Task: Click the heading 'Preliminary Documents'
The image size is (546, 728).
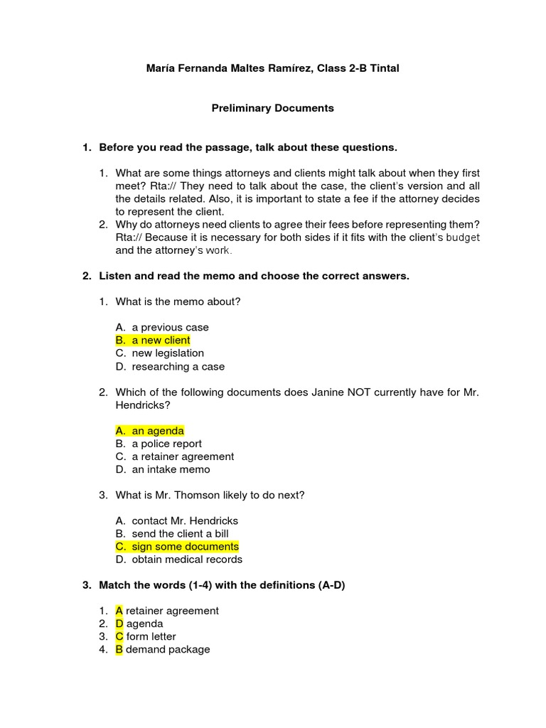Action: pyautogui.click(x=273, y=108)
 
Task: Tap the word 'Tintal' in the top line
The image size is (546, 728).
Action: pyautogui.click(x=383, y=68)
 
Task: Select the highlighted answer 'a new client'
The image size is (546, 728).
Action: pyautogui.click(x=161, y=341)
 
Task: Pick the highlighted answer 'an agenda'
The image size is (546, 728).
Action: pyautogui.click(x=158, y=431)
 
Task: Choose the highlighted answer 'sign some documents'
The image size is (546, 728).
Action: pyautogui.click(x=185, y=547)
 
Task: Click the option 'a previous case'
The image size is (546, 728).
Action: pyautogui.click(x=170, y=328)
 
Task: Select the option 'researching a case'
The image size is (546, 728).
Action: pyautogui.click(x=178, y=367)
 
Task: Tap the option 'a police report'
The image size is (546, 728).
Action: pyautogui.click(x=166, y=444)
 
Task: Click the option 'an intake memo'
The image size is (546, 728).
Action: pyautogui.click(x=171, y=469)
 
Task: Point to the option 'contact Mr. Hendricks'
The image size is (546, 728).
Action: pyautogui.click(x=185, y=521)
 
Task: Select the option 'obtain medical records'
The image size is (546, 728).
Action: pyautogui.click(x=187, y=560)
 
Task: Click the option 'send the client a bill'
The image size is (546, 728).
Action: pyautogui.click(x=180, y=534)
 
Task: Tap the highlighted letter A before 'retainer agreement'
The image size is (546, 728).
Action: pyautogui.click(x=119, y=611)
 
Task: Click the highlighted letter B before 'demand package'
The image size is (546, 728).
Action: pyautogui.click(x=119, y=650)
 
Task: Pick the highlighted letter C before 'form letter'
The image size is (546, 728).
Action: pyautogui.click(x=119, y=637)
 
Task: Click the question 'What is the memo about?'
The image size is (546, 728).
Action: pyautogui.click(x=178, y=301)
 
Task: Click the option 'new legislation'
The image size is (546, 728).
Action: pyautogui.click(x=168, y=353)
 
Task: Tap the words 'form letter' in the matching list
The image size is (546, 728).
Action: pyautogui.click(x=151, y=637)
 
